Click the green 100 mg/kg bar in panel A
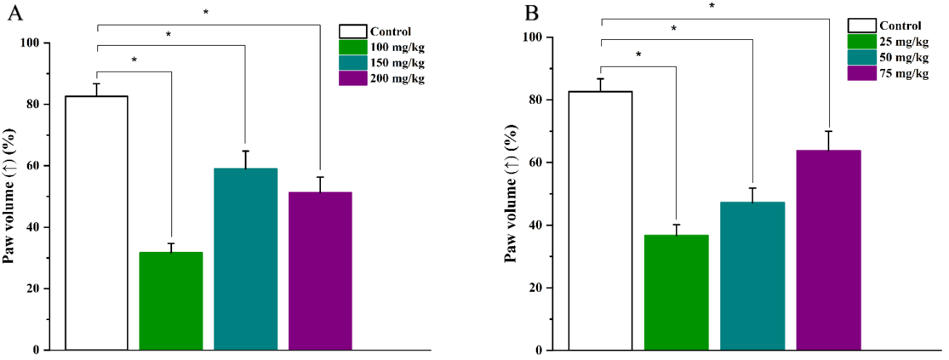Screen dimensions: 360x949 coord(171,300)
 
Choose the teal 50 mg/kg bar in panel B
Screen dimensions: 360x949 coord(753,276)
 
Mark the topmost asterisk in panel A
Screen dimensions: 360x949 coord(206,12)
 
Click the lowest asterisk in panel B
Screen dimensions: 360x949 coord(638,54)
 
